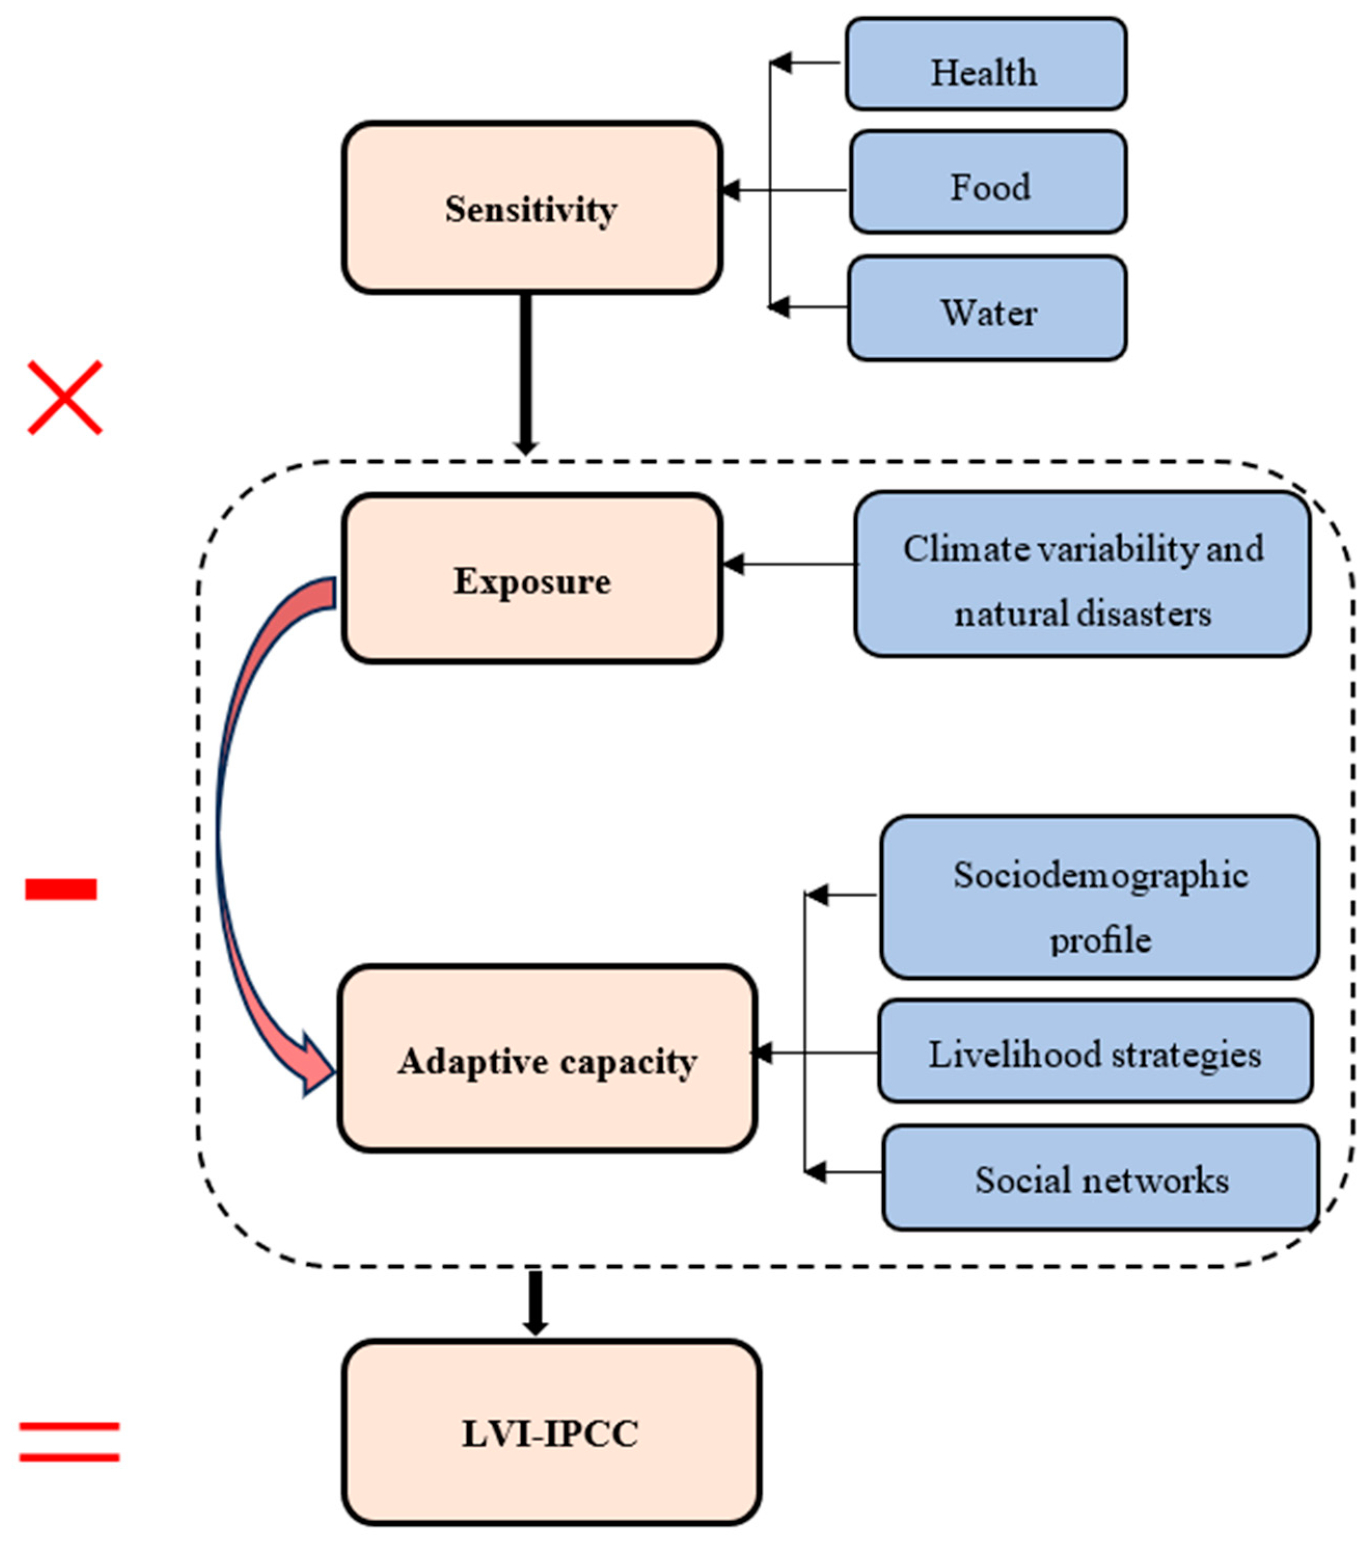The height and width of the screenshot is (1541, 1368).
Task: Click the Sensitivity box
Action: click(532, 208)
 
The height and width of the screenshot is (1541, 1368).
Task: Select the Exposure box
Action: click(532, 579)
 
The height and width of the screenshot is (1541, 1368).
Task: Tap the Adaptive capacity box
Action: click(547, 1059)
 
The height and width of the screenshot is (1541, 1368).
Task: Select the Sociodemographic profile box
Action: click(1100, 897)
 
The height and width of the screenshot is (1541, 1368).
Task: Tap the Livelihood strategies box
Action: click(1095, 1052)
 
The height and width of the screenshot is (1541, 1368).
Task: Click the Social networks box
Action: click(1100, 1178)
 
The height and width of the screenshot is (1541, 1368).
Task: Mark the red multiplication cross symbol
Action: click(65, 397)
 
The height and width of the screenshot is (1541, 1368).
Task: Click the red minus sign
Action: click(61, 889)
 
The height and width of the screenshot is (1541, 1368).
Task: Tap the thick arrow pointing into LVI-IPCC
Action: click(535, 1303)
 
